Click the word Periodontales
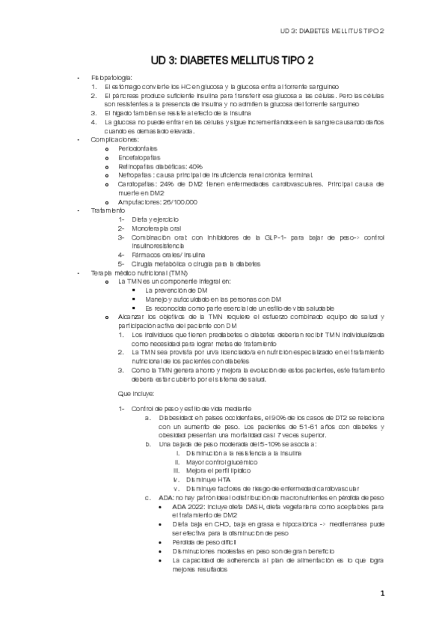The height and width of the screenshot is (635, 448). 138,148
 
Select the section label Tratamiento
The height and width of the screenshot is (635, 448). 109,210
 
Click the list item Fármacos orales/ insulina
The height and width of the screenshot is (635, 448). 168,255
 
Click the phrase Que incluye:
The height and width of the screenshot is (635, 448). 136,392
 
